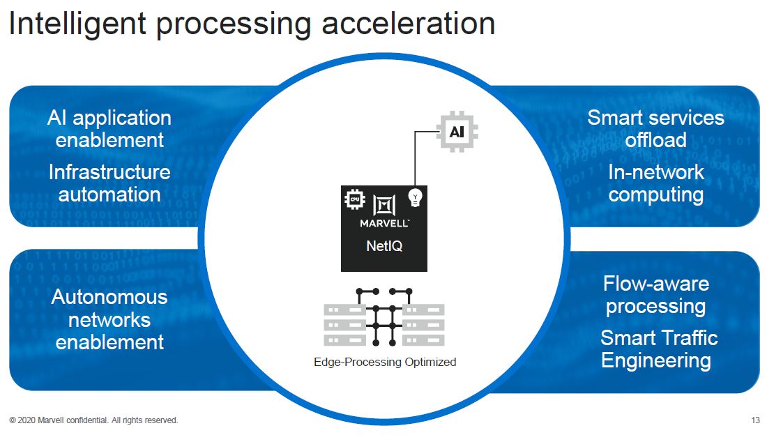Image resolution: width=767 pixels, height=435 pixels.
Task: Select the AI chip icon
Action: click(x=456, y=131)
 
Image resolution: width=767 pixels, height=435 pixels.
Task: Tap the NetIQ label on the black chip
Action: click(x=384, y=245)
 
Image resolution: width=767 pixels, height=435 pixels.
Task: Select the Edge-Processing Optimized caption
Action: click(x=384, y=362)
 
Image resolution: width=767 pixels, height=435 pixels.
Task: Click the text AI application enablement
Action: click(x=109, y=128)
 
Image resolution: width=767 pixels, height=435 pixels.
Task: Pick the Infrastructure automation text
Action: click(x=109, y=183)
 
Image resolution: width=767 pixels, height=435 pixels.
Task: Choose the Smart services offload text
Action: click(x=655, y=128)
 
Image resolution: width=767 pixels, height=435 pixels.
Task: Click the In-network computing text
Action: click(x=655, y=183)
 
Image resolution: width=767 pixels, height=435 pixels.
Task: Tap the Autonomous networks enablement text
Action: click(x=109, y=319)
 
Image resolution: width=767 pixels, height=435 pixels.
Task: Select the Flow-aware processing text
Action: click(x=655, y=295)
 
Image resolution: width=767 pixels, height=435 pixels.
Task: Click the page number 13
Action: click(x=755, y=420)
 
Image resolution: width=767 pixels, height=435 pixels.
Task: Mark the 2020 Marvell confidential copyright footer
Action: click(x=93, y=420)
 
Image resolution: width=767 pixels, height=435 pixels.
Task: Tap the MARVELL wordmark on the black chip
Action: click(x=384, y=224)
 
